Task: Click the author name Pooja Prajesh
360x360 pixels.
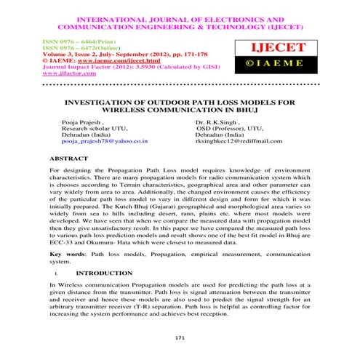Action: pos(81,122)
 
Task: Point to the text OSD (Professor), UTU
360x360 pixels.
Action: pos(232,129)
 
